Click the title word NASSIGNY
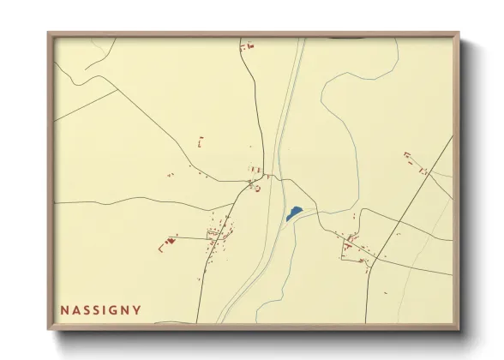tap(101, 309)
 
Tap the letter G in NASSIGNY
tap(113, 309)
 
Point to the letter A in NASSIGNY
tap(76, 309)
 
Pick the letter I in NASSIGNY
tap(104, 309)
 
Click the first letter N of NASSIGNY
tap(64, 309)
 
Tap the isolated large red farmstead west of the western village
tap(166, 243)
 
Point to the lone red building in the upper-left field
tap(200, 139)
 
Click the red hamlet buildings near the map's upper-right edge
tap(413, 161)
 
